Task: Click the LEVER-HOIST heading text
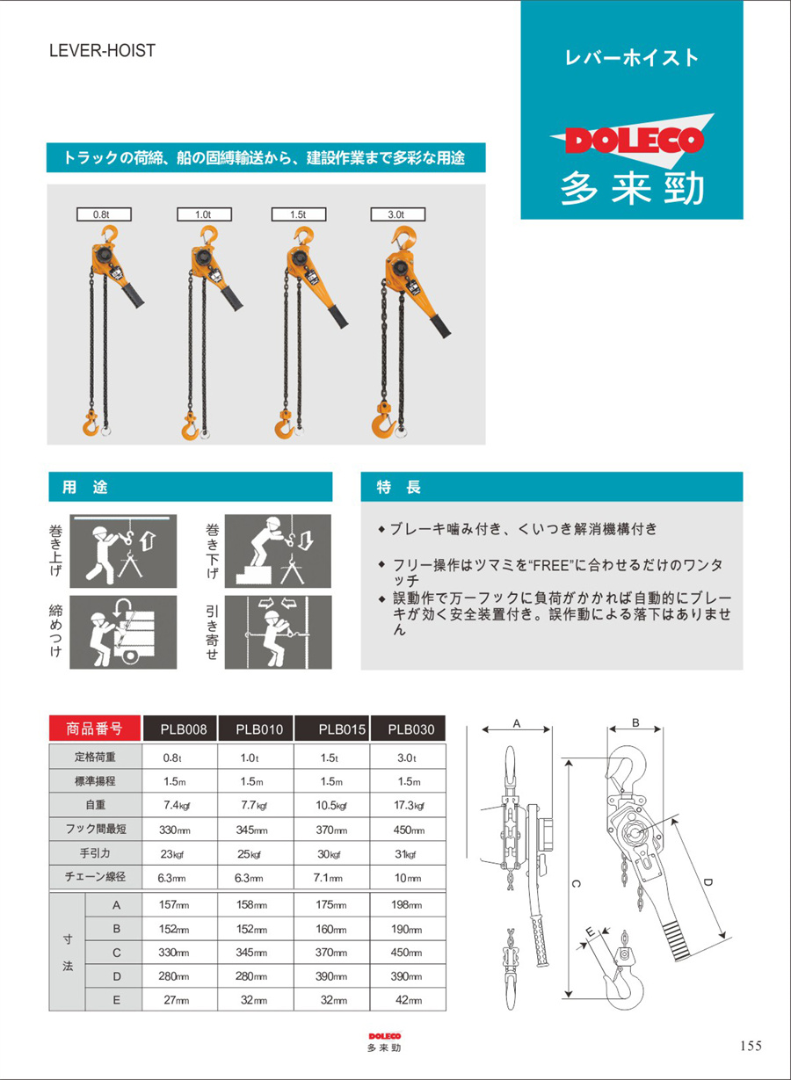pyautogui.click(x=102, y=51)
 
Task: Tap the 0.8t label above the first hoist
pyautogui.click(x=101, y=214)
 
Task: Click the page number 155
pyautogui.click(x=751, y=1045)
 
